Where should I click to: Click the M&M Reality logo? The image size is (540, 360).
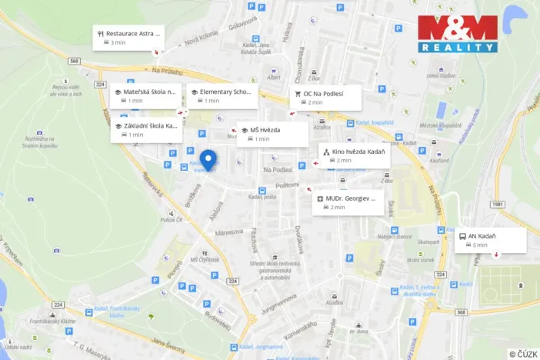pyautogui.click(x=458, y=34)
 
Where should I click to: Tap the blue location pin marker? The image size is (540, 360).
pyautogui.click(x=208, y=160)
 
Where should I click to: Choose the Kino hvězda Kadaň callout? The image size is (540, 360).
pyautogui.click(x=354, y=155)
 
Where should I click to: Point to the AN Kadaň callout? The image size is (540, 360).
pyautogui.click(x=491, y=240)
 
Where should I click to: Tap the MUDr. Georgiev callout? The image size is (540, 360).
pyautogui.click(x=348, y=202)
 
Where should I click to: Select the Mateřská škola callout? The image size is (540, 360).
pyautogui.click(x=145, y=95)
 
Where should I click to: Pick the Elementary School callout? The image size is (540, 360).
pyautogui.click(x=221, y=95)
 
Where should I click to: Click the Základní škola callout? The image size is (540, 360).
pyautogui.click(x=145, y=130)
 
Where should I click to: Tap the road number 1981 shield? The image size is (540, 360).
pyautogui.click(x=498, y=204)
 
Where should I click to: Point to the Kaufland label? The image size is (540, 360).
pyautogui.click(x=439, y=159)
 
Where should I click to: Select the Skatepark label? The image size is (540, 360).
pyautogui.click(x=429, y=242)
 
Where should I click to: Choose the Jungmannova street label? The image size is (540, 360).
pyautogui.click(x=278, y=301)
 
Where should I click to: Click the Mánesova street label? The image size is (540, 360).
pyautogui.click(x=229, y=232)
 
